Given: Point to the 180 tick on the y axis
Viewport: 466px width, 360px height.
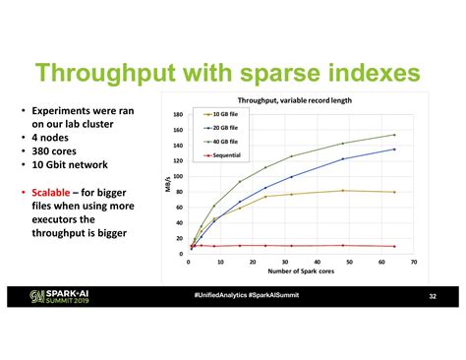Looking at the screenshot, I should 179,114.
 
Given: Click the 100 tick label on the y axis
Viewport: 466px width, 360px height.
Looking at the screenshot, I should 179,176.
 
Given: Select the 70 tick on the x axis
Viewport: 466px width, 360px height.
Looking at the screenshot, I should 414,263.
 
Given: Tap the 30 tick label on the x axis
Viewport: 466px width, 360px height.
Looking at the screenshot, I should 285,263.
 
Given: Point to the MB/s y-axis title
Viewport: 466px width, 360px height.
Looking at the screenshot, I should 169,185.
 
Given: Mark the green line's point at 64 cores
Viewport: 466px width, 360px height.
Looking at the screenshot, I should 394,135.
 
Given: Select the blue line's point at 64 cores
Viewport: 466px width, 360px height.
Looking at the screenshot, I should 394,150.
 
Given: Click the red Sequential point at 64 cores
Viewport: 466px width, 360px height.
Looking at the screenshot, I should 394,246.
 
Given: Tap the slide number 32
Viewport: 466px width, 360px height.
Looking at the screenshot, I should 432,296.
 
